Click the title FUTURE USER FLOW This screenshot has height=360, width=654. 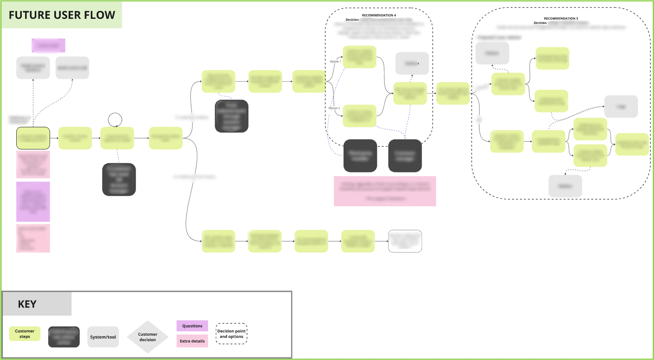click(x=62, y=15)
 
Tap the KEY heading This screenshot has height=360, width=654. click(x=27, y=304)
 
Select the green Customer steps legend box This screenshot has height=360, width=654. click(x=25, y=334)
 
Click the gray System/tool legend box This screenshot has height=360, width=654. click(x=103, y=337)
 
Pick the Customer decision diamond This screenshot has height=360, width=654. click(x=148, y=337)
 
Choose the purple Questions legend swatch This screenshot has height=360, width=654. click(x=192, y=326)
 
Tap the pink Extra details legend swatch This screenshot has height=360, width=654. click(x=192, y=341)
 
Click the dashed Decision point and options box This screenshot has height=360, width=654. click(x=231, y=334)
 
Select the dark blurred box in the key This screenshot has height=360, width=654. click(x=64, y=337)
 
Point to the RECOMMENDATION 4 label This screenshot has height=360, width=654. click(x=379, y=15)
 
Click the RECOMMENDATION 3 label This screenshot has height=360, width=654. click(x=561, y=18)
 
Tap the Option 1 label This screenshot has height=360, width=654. click(x=335, y=62)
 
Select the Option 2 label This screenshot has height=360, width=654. click(x=334, y=108)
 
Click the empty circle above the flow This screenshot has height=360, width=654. click(x=115, y=120)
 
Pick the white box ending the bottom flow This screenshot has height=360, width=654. click(x=405, y=241)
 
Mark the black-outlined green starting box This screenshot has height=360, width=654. click(x=33, y=138)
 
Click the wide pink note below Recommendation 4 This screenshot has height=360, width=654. click(x=385, y=191)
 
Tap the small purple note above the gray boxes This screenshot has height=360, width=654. click(x=49, y=45)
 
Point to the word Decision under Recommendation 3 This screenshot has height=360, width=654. click(x=540, y=23)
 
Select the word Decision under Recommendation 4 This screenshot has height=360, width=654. click(x=352, y=20)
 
